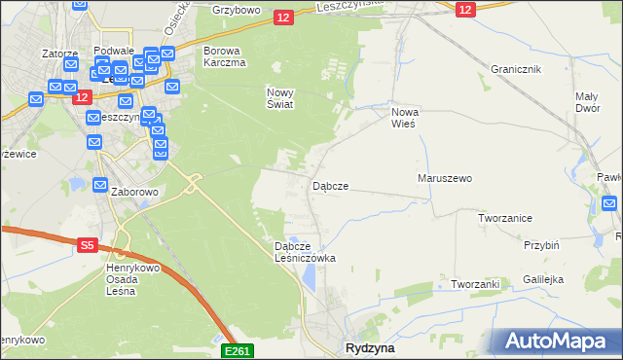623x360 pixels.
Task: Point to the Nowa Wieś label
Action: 403,118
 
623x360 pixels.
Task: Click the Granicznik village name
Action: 516,70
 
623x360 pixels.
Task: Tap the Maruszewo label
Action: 445,179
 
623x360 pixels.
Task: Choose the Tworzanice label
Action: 504,219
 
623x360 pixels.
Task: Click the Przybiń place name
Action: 541,246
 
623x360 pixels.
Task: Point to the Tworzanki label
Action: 475,284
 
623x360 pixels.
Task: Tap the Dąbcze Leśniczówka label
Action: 305,253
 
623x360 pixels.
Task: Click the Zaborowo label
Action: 134,193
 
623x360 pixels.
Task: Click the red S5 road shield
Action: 87,247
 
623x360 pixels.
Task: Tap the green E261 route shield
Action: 238,350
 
